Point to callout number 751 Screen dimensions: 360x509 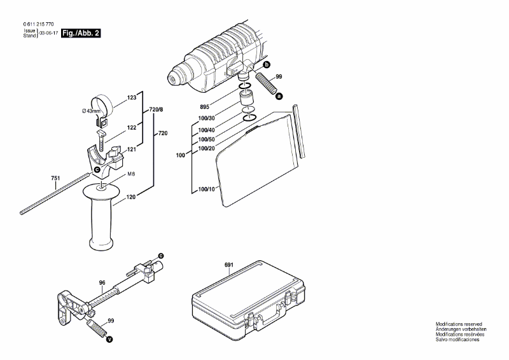click(x=56, y=179)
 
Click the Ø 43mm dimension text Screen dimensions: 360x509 click(x=91, y=113)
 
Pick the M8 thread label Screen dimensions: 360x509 click(x=130, y=174)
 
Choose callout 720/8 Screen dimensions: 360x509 click(x=156, y=110)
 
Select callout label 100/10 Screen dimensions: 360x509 click(x=207, y=190)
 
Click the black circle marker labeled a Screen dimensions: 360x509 click(x=278, y=96)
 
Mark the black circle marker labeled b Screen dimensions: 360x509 click(x=267, y=65)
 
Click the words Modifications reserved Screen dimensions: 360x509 click(x=458, y=324)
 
